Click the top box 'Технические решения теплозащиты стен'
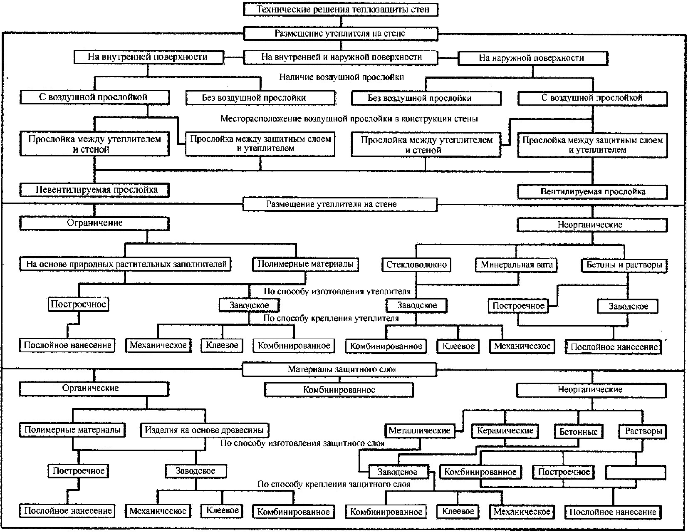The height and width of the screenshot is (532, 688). coord(341,9)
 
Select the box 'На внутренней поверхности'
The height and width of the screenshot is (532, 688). coord(149,57)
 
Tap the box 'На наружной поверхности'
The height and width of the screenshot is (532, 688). coord(533,58)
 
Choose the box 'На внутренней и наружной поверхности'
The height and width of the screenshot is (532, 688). coord(341,57)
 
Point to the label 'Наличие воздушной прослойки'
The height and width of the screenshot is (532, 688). coord(342,77)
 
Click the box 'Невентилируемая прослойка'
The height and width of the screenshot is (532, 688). coord(94,190)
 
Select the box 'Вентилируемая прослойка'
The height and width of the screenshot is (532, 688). coord(592,191)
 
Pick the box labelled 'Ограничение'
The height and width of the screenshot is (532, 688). coord(94,223)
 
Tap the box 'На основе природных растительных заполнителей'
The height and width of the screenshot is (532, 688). coord(125,264)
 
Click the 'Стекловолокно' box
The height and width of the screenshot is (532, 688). coord(416,265)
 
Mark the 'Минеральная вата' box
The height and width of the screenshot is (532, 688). coord(516,265)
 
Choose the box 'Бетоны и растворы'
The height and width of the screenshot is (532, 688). coord(624,265)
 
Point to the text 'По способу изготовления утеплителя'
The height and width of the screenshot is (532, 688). coord(337,291)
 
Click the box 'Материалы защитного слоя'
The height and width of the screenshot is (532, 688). coord(339,369)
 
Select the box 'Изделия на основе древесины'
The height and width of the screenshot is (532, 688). coord(205,430)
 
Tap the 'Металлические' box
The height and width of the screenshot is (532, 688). coord(420,431)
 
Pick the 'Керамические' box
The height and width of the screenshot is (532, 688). coord(505,431)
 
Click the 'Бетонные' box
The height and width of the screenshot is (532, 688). coord(579,432)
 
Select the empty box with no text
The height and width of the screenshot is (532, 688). coord(636,473)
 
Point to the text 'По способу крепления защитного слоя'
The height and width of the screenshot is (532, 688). coord(334,484)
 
